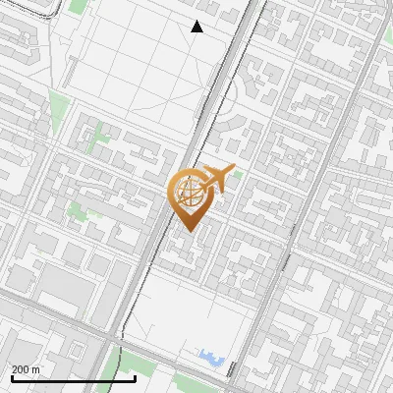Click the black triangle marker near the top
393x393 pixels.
197,27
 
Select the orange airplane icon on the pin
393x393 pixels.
215,179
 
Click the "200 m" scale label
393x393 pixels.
27,369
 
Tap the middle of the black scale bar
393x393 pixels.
74,378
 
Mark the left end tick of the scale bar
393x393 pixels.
12,376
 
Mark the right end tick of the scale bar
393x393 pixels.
135,376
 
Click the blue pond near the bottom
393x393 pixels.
211,355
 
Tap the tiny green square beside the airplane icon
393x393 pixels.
237,175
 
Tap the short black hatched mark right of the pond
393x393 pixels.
231,368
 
